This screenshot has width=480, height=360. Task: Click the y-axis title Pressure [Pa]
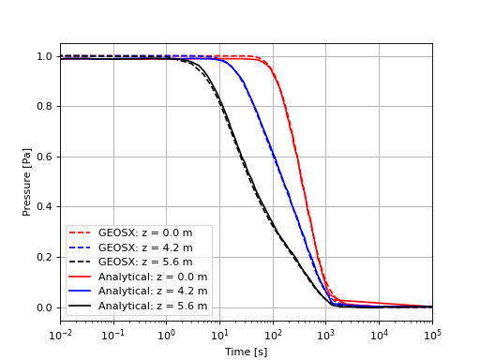(x=27, y=181)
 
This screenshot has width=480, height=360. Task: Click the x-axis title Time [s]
(x=246, y=352)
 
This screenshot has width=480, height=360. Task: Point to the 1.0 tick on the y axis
(x=45, y=56)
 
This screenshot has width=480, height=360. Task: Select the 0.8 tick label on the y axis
(x=45, y=107)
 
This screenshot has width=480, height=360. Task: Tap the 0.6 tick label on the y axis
(x=45, y=157)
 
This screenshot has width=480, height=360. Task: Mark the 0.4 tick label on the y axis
(x=45, y=207)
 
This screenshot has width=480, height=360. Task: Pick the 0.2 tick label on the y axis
(x=45, y=257)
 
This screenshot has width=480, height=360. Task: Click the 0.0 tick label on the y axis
(x=45, y=307)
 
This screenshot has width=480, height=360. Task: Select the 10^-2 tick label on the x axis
(x=60, y=335)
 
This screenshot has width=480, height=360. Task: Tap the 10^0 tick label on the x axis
(x=167, y=335)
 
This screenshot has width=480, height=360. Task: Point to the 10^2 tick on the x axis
(x=273, y=335)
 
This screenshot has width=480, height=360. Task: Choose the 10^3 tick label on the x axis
(x=326, y=335)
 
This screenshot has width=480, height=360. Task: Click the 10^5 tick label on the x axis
(x=432, y=335)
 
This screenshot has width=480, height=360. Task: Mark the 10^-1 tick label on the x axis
(x=113, y=335)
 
